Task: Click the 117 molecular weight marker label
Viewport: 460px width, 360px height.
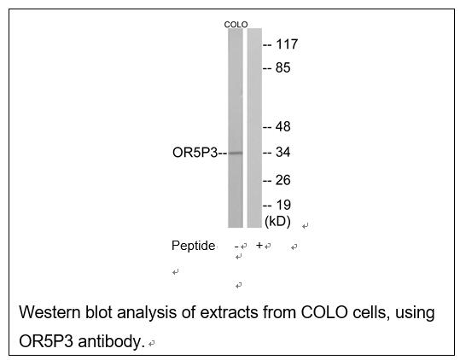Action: (x=287, y=44)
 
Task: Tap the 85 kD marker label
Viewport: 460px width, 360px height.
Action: (x=282, y=67)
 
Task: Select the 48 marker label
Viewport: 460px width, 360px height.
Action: (x=282, y=126)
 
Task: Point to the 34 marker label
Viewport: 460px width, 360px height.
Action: (x=282, y=152)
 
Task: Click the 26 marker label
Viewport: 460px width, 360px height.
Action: (x=282, y=180)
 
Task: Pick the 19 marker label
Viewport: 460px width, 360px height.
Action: (x=283, y=205)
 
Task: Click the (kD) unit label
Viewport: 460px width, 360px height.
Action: (x=277, y=221)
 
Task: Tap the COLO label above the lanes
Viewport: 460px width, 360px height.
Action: (x=236, y=25)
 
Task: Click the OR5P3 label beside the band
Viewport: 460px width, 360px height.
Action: (x=195, y=153)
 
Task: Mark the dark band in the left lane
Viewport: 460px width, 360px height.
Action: (x=236, y=153)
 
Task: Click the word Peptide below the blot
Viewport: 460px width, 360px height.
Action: (x=194, y=246)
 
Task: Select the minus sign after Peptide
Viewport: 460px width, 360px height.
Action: (x=236, y=247)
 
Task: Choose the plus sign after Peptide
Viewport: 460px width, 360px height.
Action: (x=259, y=245)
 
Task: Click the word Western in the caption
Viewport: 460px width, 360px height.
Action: (x=49, y=312)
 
